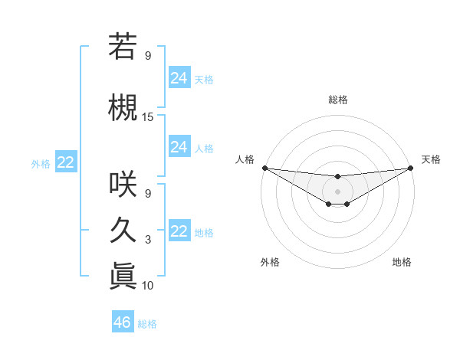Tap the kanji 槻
(123, 107)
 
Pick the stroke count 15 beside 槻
(148, 117)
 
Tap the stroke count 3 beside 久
(148, 241)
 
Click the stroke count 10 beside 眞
(148, 286)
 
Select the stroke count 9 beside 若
(148, 56)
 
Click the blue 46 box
(123, 322)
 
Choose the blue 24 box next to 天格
(179, 77)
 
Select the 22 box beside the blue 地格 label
(179, 231)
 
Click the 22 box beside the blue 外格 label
(66, 162)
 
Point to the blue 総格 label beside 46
(147, 324)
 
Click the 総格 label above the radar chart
(337, 100)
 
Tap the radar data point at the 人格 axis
(264, 168)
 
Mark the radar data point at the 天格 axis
(410, 168)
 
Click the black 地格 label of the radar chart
(402, 262)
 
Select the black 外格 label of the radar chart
(270, 262)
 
